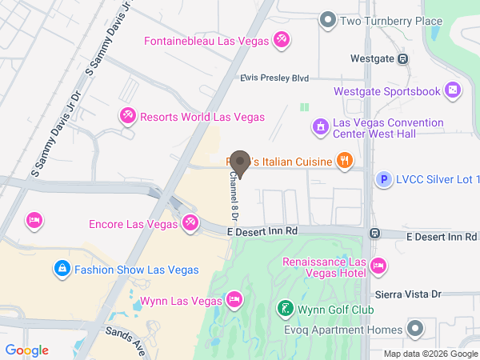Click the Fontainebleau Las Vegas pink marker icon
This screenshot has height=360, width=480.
(281, 39)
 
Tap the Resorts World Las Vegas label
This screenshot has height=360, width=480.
(202, 117)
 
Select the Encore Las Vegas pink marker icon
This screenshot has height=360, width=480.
(190, 223)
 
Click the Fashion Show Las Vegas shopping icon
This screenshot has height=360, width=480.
(61, 269)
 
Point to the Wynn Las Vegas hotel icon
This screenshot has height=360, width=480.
(234, 301)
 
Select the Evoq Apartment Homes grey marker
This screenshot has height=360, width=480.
(414, 329)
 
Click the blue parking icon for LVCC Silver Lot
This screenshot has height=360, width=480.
(384, 181)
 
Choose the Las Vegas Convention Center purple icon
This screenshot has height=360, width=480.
(319, 126)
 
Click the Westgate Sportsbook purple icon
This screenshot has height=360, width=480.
(453, 90)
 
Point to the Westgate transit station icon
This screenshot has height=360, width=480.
(402, 58)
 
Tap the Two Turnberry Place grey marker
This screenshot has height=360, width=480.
(326, 20)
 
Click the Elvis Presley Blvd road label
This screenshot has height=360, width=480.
(274, 78)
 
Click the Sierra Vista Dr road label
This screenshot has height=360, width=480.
(414, 294)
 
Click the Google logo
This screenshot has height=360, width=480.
(26, 350)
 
